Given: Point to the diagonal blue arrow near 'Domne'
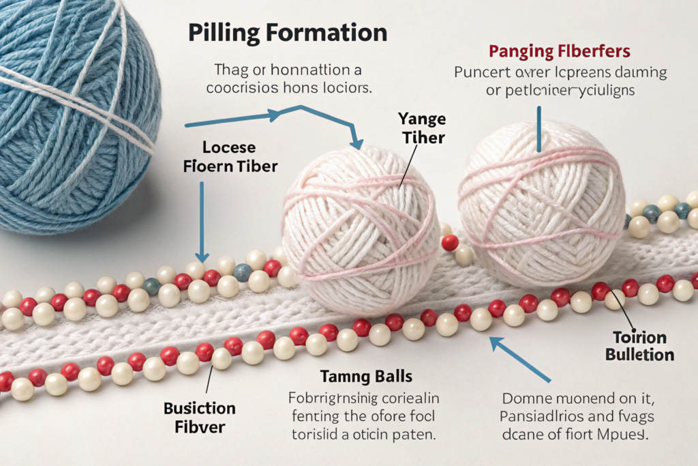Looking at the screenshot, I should coord(521,359).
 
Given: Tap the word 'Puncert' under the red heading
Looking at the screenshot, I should coord(483,72).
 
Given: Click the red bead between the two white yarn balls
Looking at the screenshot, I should coord(449,242).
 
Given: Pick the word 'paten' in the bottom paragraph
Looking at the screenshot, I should coord(416,433).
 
